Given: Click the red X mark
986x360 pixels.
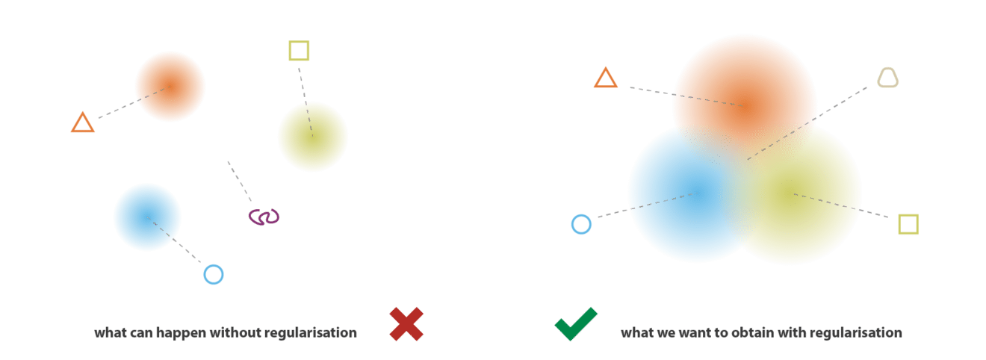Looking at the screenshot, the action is [x=406, y=324].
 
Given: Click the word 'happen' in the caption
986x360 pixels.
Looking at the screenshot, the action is [x=181, y=333].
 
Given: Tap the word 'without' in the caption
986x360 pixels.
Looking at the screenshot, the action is [x=235, y=332].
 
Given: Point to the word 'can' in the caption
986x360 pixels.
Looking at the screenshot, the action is [x=141, y=333].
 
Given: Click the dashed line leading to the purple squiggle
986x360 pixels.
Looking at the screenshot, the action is [x=240, y=181].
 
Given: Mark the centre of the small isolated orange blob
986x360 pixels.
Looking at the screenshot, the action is [x=170, y=86].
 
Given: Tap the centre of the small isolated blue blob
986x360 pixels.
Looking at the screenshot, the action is [x=147, y=217].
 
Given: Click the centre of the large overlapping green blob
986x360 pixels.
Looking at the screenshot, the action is [x=792, y=192].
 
